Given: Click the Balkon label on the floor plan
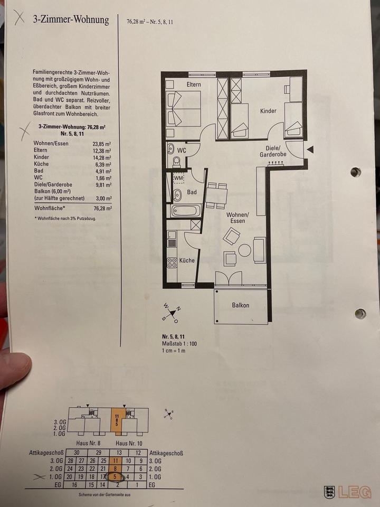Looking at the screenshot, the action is [241, 305].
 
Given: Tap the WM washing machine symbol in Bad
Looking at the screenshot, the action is [178, 178].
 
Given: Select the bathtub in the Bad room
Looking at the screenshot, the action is [186, 211].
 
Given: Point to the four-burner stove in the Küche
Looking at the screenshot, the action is [172, 262].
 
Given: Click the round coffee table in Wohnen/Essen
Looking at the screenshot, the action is [244, 250].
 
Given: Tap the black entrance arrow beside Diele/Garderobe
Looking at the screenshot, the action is [310, 149].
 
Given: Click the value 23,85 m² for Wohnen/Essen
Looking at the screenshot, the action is [102, 144].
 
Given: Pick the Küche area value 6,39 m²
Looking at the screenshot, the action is [103, 164].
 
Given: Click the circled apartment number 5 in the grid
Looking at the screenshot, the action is [116, 476].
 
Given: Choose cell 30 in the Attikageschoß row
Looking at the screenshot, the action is [76, 453].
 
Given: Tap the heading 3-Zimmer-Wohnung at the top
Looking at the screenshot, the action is [71, 20].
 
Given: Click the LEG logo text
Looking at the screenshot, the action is [355, 492].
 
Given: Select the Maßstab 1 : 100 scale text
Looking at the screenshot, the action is [179, 344].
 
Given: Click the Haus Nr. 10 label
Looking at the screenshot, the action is [129, 443].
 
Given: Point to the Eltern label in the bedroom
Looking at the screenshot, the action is [194, 84].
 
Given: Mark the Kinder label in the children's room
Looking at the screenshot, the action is [268, 111].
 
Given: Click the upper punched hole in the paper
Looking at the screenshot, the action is [355, 172].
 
